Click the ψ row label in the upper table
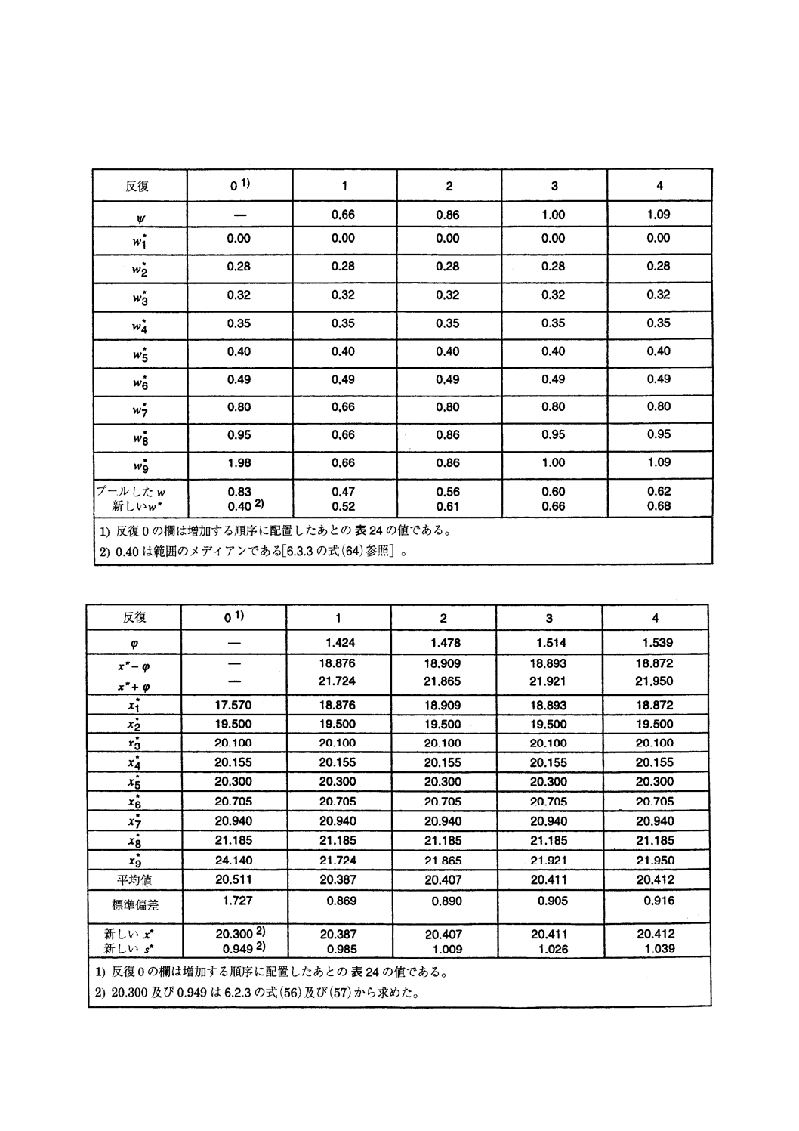pos(137,220)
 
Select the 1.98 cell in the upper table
pos(239,463)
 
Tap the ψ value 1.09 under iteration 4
pos(659,215)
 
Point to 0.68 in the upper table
pos(659,506)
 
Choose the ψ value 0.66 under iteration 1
pos(343,215)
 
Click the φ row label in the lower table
pos(134,644)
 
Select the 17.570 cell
pos(233,706)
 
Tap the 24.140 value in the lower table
pos(233,861)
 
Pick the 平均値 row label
pos(134,880)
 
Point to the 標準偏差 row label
pos(134,904)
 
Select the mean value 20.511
pos(233,880)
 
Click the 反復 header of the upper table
pos(137,186)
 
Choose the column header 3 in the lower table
pos(549,618)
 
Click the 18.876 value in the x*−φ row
pos(338,663)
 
